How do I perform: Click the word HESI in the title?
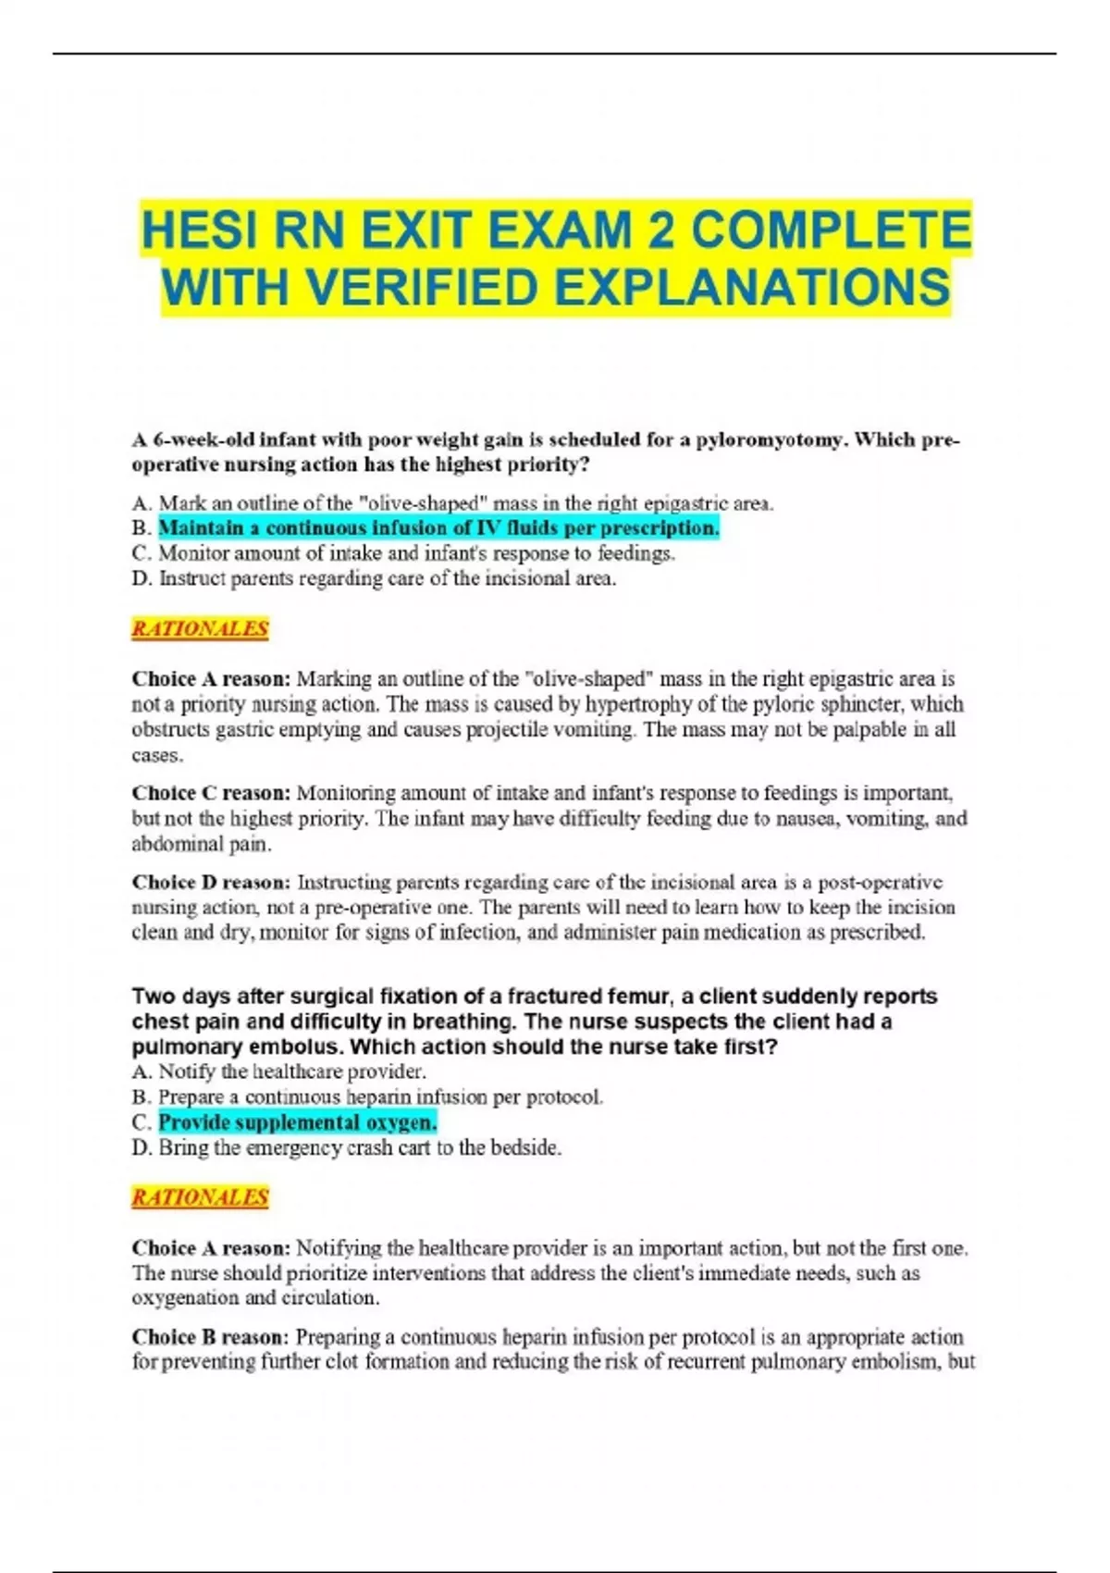click(197, 230)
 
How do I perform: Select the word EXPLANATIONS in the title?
click(755, 287)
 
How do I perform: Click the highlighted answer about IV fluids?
click(438, 528)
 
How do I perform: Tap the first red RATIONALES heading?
click(200, 629)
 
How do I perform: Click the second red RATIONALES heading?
click(200, 1197)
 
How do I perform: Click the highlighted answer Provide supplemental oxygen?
click(297, 1122)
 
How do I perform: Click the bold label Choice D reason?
click(211, 883)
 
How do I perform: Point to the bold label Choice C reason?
click(211, 794)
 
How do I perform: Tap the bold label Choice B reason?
click(211, 1337)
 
